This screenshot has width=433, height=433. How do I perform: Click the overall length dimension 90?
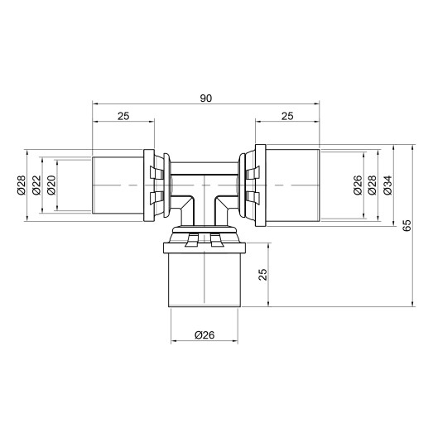pos(205,98)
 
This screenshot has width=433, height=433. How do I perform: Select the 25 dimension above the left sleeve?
pos(123,116)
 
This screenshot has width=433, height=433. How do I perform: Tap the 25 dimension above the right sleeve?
pos(287,116)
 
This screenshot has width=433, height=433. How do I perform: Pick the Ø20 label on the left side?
pos(51,186)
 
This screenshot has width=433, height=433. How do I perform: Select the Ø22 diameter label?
pos(36,186)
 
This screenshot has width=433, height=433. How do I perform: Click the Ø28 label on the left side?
pos(22,186)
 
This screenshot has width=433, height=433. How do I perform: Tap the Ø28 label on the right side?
pos(373,186)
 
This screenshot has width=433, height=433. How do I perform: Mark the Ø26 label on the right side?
pos(358,186)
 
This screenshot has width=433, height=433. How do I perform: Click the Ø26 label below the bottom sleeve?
pos(204,335)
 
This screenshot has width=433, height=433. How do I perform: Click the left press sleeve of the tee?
pos(118,185)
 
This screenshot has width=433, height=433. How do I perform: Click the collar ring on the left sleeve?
pos(151,185)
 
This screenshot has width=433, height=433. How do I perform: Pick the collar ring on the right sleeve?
pos(259,185)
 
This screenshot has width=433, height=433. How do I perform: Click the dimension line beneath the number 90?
pos(166,104)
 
